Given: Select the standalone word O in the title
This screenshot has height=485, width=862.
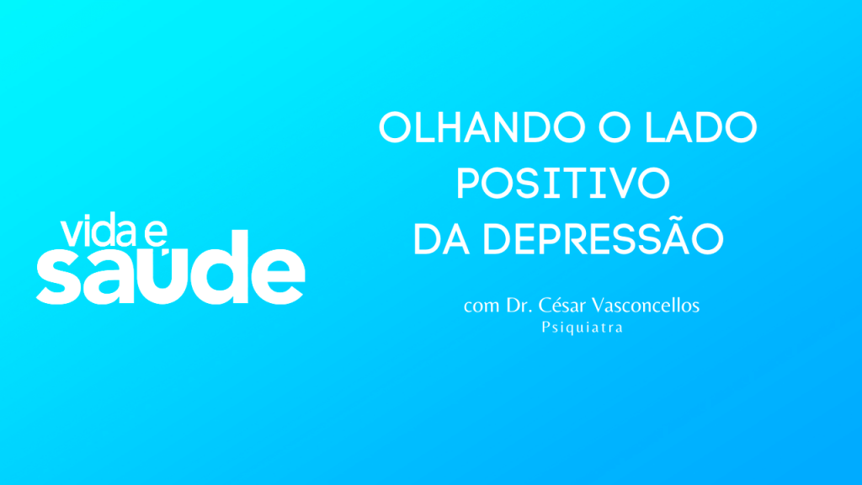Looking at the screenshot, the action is (615, 127).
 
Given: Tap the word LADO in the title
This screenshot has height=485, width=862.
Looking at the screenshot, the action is (701, 127).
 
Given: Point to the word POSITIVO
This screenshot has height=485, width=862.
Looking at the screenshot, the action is (563, 183).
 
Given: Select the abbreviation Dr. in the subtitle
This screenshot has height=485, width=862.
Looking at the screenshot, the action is (519, 305).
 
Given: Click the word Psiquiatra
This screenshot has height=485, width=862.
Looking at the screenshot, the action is (583, 328).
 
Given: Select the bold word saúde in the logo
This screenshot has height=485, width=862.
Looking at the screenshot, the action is (171, 268).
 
